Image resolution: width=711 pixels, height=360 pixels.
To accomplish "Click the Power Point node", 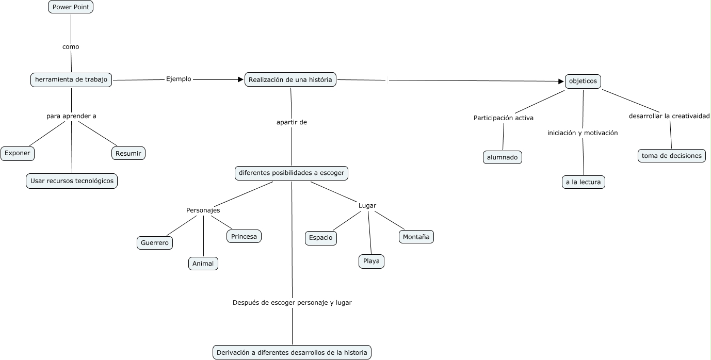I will point(71,7).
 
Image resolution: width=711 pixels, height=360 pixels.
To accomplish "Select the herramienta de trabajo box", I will point(71,79).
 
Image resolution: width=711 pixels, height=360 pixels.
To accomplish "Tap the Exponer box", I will point(18,153).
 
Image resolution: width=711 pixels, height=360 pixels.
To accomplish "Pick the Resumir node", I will point(128,153).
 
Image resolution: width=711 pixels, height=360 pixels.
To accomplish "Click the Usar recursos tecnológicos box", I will point(72,181).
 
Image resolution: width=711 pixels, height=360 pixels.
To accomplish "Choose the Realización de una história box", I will point(290,79).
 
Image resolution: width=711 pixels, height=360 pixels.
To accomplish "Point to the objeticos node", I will point(583,81).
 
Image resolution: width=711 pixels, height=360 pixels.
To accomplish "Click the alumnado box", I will point(503,157).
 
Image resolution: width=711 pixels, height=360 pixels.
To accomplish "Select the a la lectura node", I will point(583,182).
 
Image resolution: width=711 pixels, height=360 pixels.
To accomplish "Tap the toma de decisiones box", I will point(672,155).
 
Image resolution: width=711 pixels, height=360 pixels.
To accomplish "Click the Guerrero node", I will point(155,242).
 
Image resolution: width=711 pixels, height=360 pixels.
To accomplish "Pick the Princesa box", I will point(244,236).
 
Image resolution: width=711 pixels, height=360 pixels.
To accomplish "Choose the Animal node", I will point(203,264).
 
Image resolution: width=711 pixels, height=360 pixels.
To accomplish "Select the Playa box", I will point(371,261).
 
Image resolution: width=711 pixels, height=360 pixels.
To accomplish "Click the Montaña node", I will point(416,237).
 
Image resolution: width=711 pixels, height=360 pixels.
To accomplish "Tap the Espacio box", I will point(321,238).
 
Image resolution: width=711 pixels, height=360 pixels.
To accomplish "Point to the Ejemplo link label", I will point(179,79).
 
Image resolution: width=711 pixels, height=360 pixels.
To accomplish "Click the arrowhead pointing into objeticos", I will point(561,81).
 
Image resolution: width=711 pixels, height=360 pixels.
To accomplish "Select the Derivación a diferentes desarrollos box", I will point(292,353).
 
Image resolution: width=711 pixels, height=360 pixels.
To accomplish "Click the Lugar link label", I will point(367,206).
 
